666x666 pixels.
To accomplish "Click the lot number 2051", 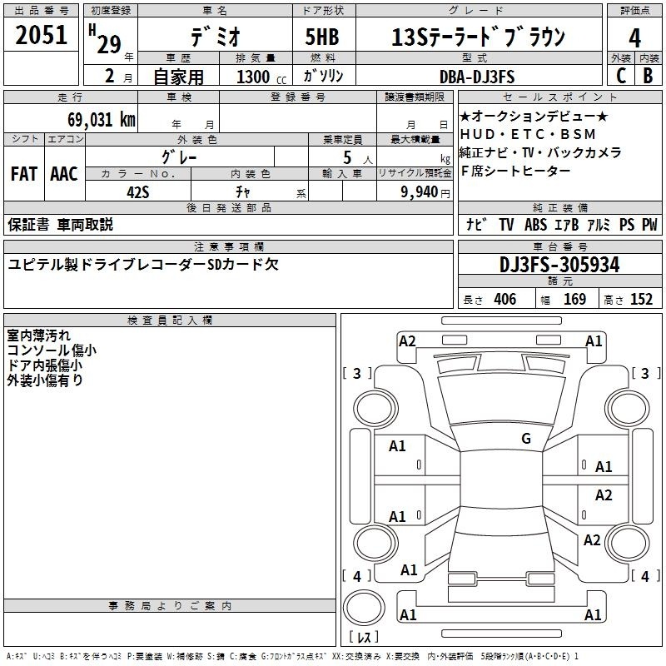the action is coord(41,35).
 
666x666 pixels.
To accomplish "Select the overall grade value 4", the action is coord(634,38).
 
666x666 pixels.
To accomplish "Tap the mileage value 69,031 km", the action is coord(102,120).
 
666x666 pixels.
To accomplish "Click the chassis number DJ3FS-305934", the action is coord(559,265).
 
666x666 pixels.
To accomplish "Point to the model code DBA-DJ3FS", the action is coord(477,77).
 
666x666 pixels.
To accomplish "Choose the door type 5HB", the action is coord(322,37).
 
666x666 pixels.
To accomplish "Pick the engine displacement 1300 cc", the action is coord(261,77).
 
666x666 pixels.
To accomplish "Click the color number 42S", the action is coord(138,192).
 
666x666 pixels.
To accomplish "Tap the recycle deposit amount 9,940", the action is coord(420,192).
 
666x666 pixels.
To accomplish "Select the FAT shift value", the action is coord(24,174).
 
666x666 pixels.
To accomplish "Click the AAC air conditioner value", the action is coord(64,174).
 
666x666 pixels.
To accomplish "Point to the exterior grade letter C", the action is coord(621,76).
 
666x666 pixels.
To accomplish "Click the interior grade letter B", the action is coord(648,76).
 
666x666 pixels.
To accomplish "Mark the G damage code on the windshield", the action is coord(526,439).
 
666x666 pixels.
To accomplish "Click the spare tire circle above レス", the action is coord(364,608).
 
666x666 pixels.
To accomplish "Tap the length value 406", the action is coord(505,299).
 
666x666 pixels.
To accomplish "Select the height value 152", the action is coord(641,299).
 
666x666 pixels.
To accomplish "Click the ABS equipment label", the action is coord(535,225).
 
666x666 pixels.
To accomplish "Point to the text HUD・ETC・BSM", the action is coord(528,134).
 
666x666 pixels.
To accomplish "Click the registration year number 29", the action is coord(109,44).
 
